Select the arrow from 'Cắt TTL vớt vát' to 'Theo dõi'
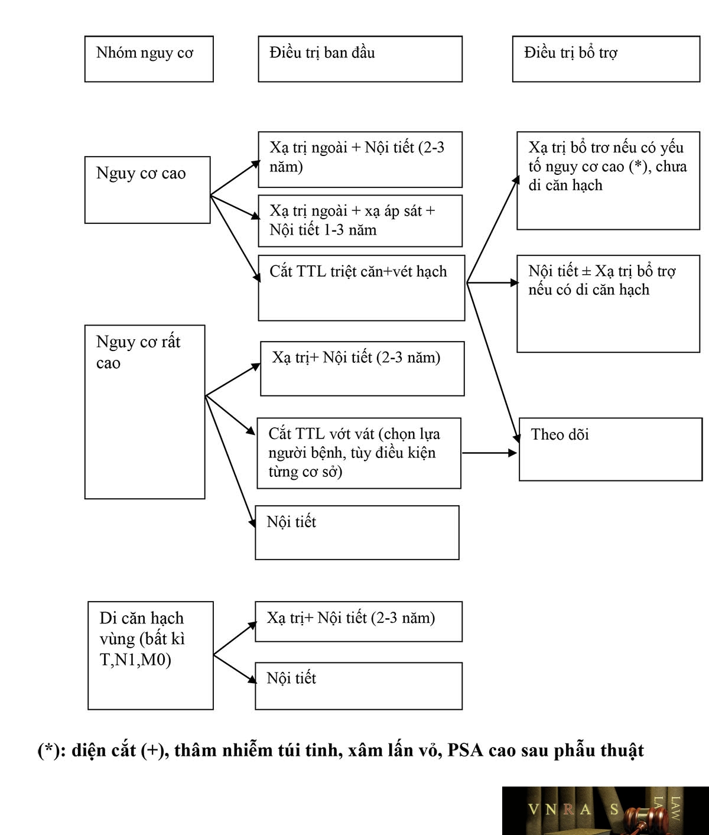click(x=490, y=453)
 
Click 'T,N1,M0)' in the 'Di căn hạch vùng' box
click(x=135, y=660)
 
